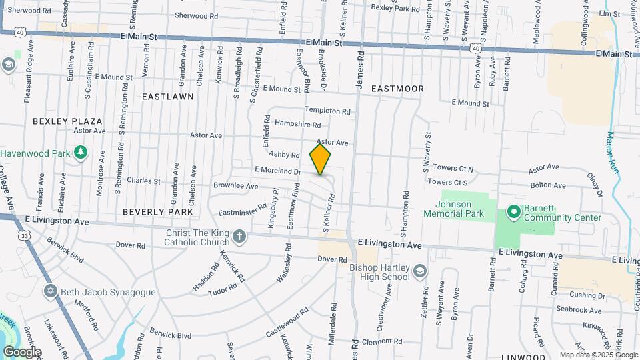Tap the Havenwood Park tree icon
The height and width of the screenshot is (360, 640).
81,153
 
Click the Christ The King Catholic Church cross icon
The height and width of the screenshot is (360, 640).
239,235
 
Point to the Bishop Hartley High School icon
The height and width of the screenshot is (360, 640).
419,271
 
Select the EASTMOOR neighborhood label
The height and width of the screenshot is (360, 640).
398,88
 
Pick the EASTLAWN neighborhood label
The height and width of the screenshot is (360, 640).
168,96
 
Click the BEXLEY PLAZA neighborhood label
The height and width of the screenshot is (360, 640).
67,121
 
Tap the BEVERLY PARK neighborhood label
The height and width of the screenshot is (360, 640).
157,211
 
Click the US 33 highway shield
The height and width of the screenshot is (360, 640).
25,235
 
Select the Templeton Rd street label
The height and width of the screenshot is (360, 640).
327,111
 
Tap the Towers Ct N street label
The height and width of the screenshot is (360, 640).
453,169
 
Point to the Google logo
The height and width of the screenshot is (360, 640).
21,352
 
